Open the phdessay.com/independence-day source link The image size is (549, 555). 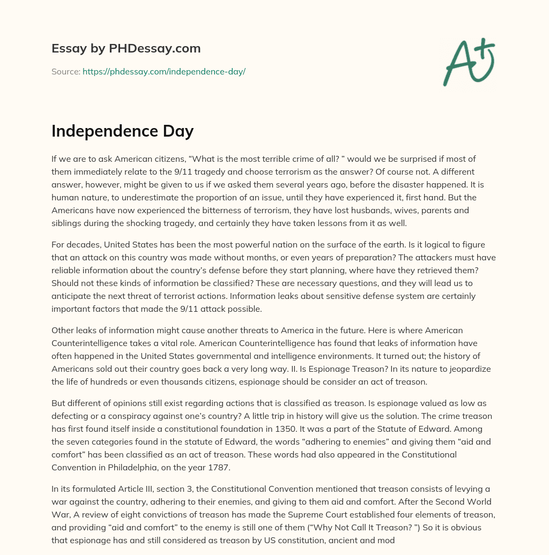tap(164, 71)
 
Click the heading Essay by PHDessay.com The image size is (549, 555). tap(126, 49)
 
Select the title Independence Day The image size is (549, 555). tap(122, 131)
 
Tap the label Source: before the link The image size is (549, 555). tap(65, 71)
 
